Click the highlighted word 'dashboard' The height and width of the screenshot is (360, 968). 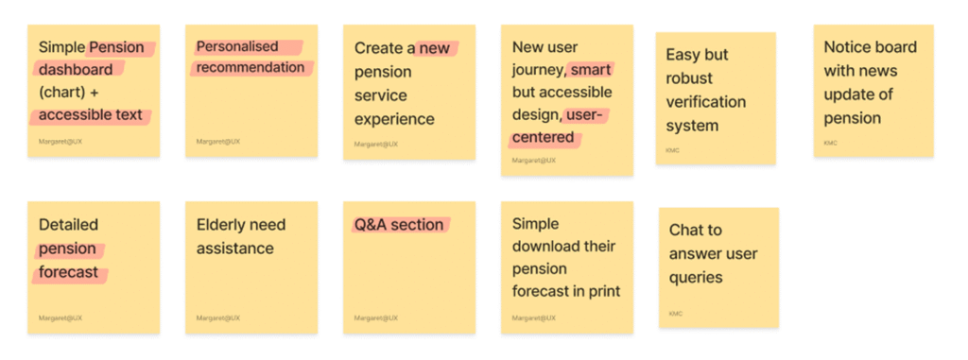pyautogui.click(x=76, y=69)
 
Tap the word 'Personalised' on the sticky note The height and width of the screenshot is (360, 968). pyautogui.click(x=237, y=46)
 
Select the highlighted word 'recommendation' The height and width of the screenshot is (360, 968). pyautogui.click(x=251, y=67)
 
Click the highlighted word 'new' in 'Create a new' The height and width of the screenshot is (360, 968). pyautogui.click(x=435, y=48)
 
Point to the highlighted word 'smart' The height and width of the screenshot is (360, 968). pyautogui.click(x=590, y=69)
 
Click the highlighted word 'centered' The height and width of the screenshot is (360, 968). pyautogui.click(x=544, y=137)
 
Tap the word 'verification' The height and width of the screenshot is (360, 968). pyautogui.click(x=705, y=101)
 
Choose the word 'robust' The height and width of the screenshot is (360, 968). pyautogui.click(x=689, y=78)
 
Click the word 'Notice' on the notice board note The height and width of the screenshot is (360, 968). pyautogui.click(x=848, y=47)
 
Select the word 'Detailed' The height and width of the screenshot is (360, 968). pyautogui.click(x=68, y=225)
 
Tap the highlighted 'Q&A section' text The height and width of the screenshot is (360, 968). pyautogui.click(x=399, y=225)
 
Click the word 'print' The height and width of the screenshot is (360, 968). pyautogui.click(x=603, y=291)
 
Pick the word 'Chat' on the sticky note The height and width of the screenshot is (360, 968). pyautogui.click(x=686, y=231)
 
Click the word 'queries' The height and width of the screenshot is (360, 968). pyautogui.click(x=696, y=277)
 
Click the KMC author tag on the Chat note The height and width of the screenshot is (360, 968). pyautogui.click(x=675, y=314)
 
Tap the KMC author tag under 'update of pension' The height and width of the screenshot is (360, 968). pyautogui.click(x=830, y=144)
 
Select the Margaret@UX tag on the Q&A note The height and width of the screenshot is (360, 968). pyautogui.click(x=376, y=318)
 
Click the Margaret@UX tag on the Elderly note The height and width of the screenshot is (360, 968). pyautogui.click(x=218, y=318)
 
